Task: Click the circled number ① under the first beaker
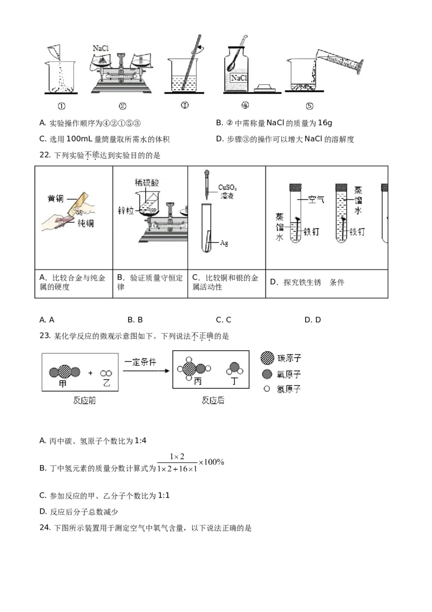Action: (62, 106)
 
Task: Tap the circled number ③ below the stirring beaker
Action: (185, 105)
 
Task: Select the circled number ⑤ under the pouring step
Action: (309, 106)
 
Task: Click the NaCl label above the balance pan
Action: (100, 49)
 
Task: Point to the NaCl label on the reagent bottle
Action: (239, 78)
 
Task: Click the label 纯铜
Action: (85, 223)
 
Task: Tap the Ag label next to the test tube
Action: (224, 243)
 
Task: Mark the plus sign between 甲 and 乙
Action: (90, 372)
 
